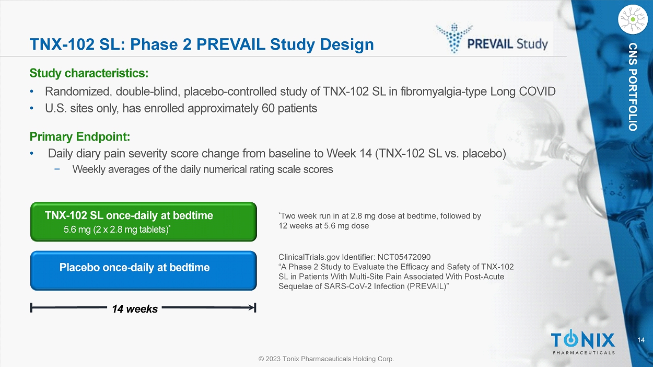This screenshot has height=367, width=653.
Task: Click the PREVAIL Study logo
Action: (x=492, y=39)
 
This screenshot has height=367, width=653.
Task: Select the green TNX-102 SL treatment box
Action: (x=144, y=222)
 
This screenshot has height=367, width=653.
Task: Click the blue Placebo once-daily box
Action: (x=144, y=271)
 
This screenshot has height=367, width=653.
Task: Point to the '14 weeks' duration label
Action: (x=135, y=308)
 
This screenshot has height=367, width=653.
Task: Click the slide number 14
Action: (x=641, y=340)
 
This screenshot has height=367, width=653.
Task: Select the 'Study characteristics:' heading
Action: (x=89, y=73)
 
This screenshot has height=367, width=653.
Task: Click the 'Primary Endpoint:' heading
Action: (x=80, y=136)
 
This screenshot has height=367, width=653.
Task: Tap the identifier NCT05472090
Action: (x=404, y=257)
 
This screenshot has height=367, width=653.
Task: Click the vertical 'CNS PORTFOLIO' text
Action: (x=633, y=87)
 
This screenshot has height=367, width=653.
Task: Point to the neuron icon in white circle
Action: (x=633, y=19)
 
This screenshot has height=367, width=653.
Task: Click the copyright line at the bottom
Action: (x=326, y=359)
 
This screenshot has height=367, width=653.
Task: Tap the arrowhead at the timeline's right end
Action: (x=252, y=307)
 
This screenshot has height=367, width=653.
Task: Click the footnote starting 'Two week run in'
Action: (x=380, y=221)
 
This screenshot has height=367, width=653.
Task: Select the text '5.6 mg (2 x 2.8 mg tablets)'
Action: (x=116, y=230)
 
